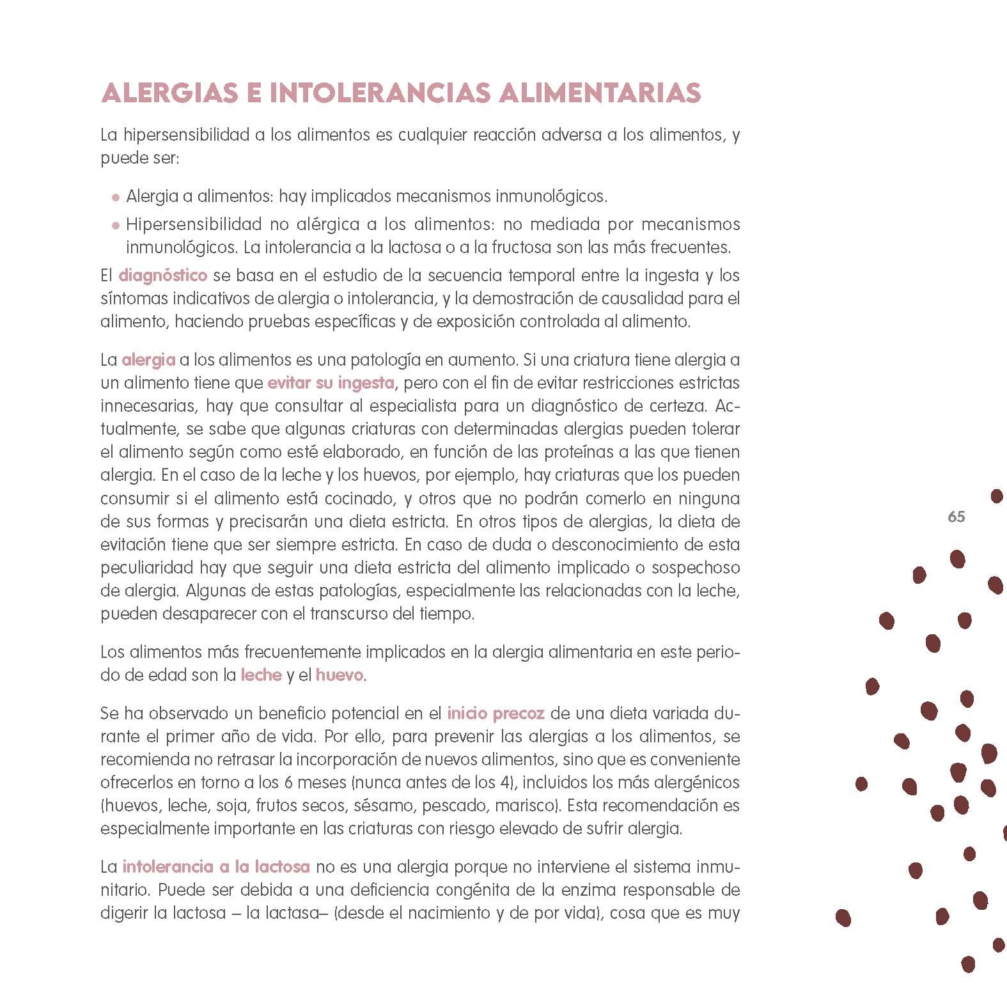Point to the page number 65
[x=956, y=517]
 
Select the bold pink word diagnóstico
[x=163, y=276]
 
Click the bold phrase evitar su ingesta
[x=331, y=383]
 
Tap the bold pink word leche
[x=261, y=675]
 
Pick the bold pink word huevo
[x=340, y=675]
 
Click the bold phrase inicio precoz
[x=496, y=713]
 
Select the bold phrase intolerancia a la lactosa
[x=216, y=867]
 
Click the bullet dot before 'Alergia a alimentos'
[x=116, y=198]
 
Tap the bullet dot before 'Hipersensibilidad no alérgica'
[x=116, y=225]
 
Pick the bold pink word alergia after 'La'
[x=148, y=360]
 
